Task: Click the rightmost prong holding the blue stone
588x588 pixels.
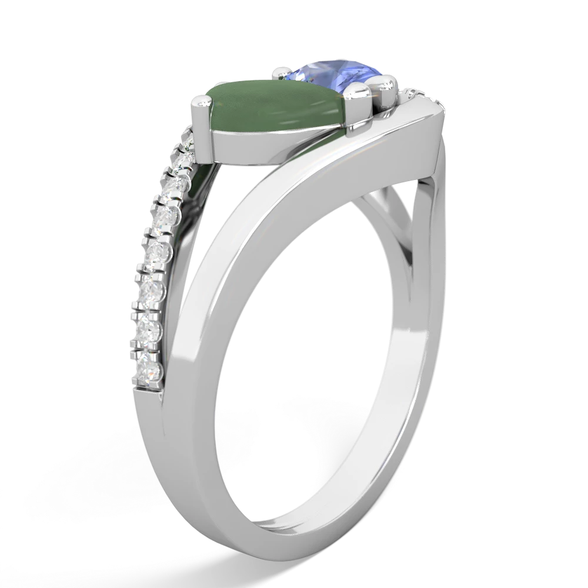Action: pos(387,87)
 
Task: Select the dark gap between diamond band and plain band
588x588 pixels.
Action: pos(194,218)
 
